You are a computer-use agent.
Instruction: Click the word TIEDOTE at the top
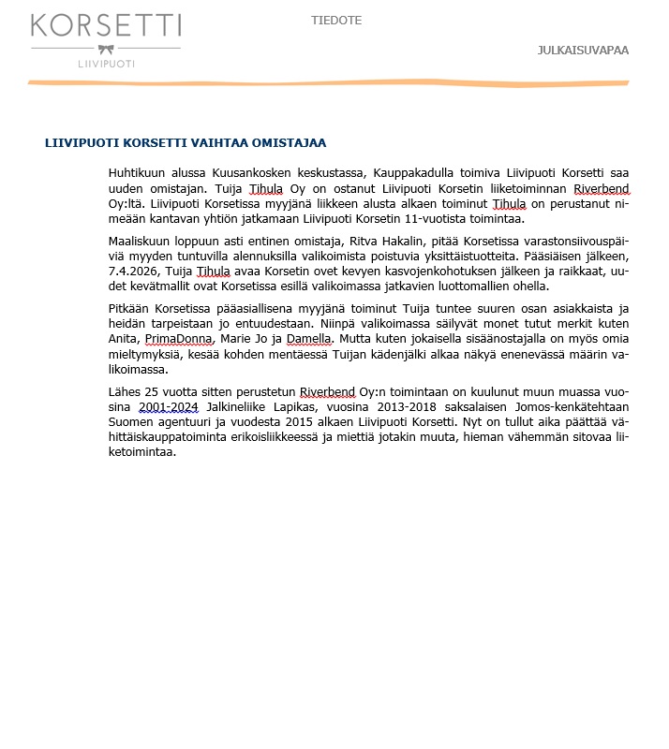click(336, 21)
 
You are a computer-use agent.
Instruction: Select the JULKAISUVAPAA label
click(583, 51)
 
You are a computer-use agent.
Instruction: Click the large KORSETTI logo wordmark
click(106, 26)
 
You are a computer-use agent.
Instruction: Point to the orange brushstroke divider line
click(328, 83)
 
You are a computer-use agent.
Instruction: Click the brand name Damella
click(308, 339)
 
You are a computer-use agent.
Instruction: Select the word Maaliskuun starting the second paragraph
click(142, 242)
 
